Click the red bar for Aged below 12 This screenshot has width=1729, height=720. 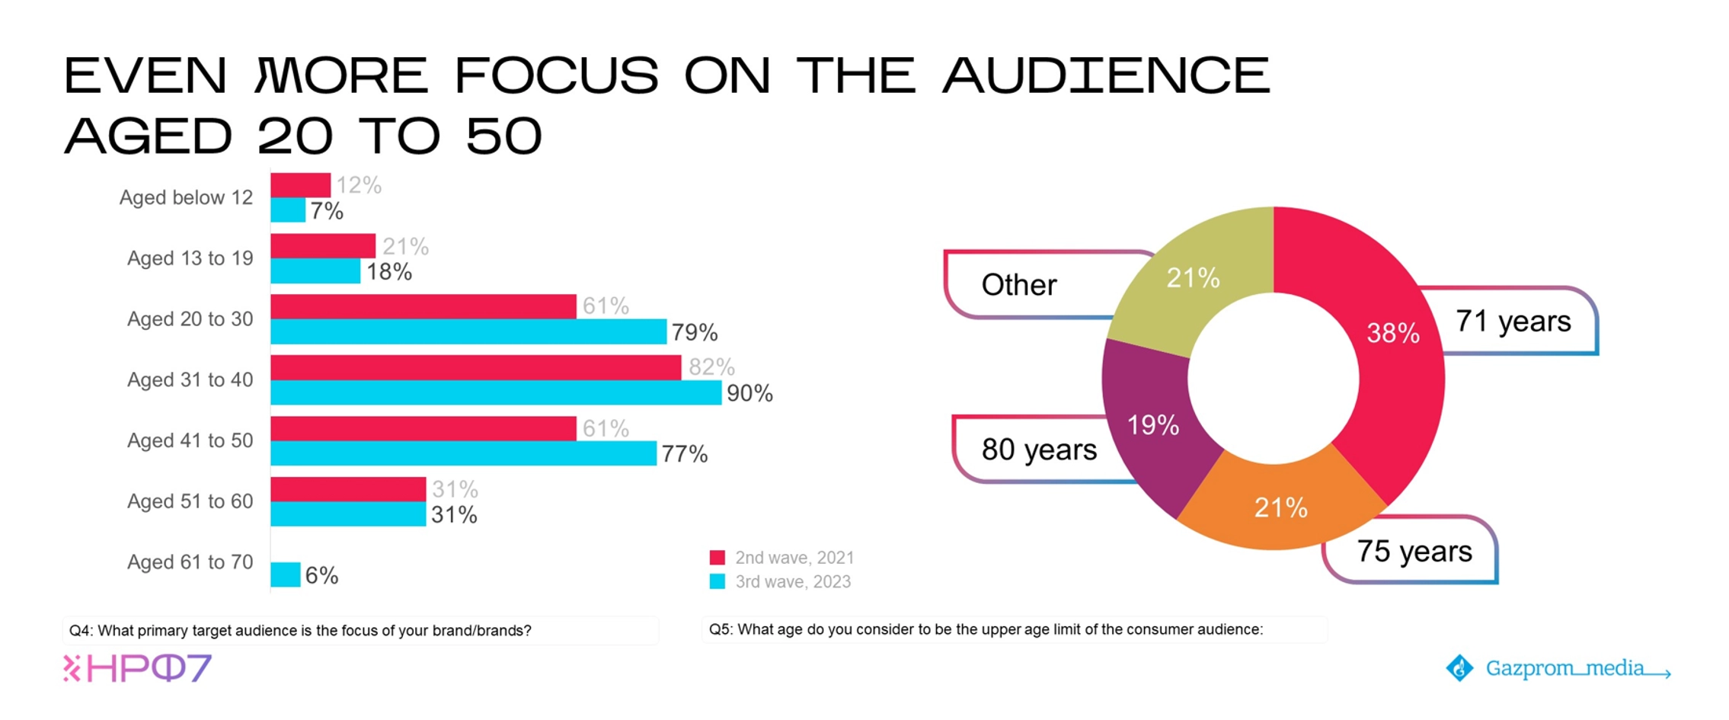[300, 185]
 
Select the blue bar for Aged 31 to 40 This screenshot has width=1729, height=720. [495, 392]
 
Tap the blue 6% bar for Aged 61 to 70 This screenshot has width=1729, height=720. [285, 574]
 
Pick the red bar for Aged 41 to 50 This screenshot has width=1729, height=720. [423, 428]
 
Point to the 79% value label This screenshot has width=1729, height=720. [694, 332]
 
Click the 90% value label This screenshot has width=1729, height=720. [749, 393]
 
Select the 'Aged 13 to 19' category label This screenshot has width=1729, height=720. [190, 258]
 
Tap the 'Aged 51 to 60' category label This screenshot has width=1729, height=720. [190, 501]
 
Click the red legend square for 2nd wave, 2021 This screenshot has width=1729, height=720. [717, 558]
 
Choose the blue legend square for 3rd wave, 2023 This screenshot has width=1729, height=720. [717, 581]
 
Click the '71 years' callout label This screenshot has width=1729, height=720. [1513, 322]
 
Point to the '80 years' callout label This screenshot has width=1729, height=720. [1039, 450]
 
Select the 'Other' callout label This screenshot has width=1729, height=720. [1019, 285]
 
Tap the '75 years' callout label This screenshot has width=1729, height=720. [1414, 551]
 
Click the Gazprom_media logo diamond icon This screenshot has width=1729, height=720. [1459, 668]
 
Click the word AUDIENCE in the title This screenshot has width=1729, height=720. [1106, 76]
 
